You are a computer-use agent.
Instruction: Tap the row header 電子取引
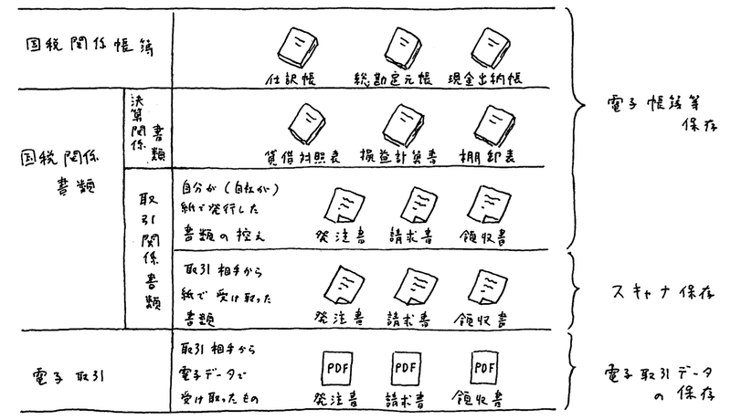[x=59, y=370]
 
